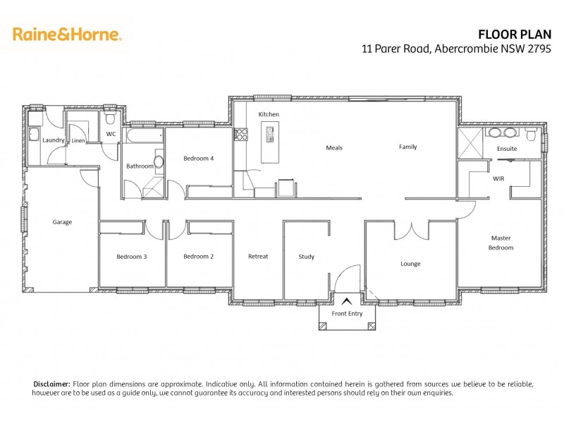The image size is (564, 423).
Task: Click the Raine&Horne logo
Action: (x=68, y=34)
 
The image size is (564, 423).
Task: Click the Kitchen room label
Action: (x=269, y=114)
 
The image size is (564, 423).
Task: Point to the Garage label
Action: (x=62, y=222)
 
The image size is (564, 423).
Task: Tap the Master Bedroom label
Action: (x=501, y=243)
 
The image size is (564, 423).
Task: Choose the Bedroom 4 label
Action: (x=198, y=159)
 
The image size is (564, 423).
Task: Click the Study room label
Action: (x=306, y=257)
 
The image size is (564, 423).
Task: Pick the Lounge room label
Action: (x=410, y=264)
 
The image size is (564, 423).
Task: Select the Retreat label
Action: (x=258, y=257)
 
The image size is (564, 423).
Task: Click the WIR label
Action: (x=499, y=179)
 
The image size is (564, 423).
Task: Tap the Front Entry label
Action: (x=346, y=314)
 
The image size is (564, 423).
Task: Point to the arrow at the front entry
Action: (x=346, y=302)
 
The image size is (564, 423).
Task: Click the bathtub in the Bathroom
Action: (x=143, y=135)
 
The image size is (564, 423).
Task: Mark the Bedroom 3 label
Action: (x=132, y=257)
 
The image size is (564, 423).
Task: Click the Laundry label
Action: (x=54, y=140)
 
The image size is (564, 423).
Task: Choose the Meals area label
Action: (x=334, y=148)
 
